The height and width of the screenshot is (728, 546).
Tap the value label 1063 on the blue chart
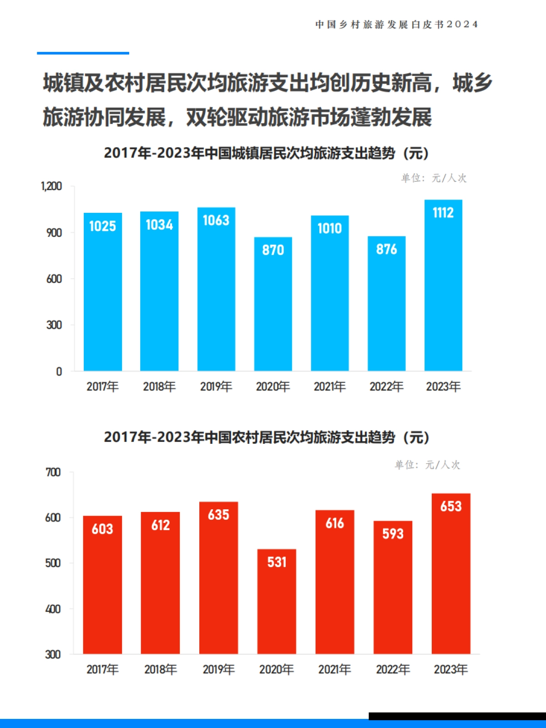[x=216, y=221]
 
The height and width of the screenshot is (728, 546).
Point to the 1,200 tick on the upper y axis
[x=51, y=186]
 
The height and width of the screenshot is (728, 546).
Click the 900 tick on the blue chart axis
[x=54, y=233]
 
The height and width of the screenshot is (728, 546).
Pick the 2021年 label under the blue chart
[x=329, y=387]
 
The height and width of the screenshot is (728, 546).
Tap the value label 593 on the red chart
[x=393, y=533]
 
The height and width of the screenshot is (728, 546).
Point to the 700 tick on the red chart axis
[x=53, y=472]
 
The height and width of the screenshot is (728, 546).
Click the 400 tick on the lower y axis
[x=53, y=609]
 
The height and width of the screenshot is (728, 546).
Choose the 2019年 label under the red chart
[x=218, y=669]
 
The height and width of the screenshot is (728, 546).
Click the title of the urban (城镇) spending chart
[x=266, y=153]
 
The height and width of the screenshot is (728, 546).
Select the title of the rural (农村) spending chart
[x=266, y=437]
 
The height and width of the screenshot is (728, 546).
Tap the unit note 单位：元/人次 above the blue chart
[x=434, y=178]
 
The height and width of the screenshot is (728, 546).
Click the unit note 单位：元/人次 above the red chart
[x=427, y=465]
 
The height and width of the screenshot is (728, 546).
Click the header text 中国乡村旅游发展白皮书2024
[x=396, y=25]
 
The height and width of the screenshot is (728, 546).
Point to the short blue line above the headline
[x=83, y=53]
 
